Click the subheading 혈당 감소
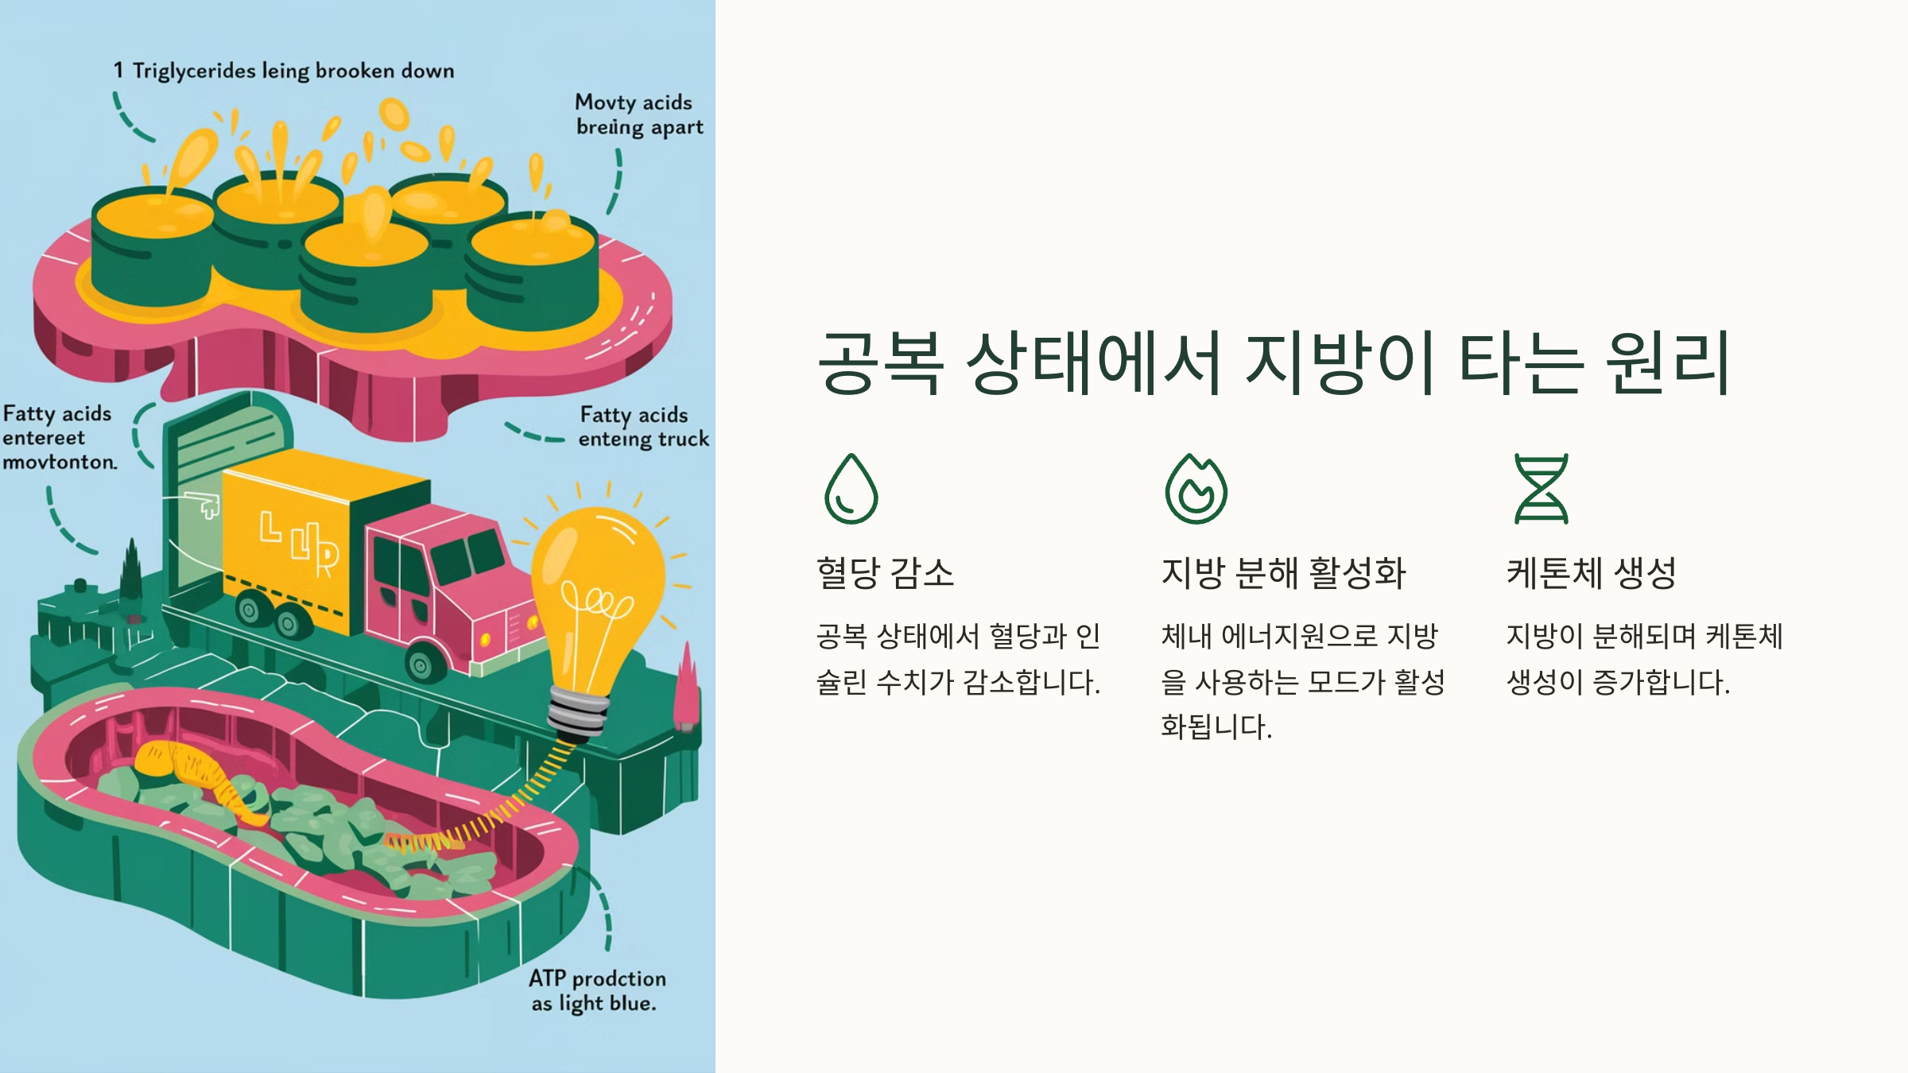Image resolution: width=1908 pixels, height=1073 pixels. pos(885,572)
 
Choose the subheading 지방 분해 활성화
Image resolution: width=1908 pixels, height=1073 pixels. pos(1283,572)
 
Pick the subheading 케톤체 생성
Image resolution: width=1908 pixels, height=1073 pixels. pos(1591,572)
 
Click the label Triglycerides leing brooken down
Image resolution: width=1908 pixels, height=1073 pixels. pos(293,71)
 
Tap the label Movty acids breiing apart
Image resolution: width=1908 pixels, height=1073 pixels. pos(638,114)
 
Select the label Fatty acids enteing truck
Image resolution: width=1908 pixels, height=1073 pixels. pos(642,427)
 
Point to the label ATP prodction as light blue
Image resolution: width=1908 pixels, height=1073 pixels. pos(597,990)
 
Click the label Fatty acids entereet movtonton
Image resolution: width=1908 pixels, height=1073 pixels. pos(59,437)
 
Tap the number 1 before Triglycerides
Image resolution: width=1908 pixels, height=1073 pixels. pos(118,71)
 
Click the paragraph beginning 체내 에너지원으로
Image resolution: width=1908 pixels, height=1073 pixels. pos(1302,680)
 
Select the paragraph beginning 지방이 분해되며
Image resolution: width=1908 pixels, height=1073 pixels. pos(1644,658)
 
